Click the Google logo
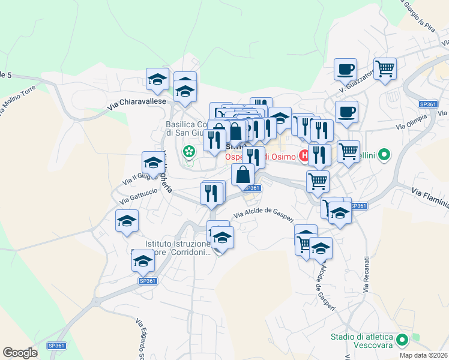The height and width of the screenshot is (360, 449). (x=20, y=353)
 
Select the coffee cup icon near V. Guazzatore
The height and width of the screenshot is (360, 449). (x=345, y=70)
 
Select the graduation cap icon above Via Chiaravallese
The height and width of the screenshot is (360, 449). (x=157, y=79)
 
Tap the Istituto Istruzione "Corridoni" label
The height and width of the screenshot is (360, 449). (x=179, y=248)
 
